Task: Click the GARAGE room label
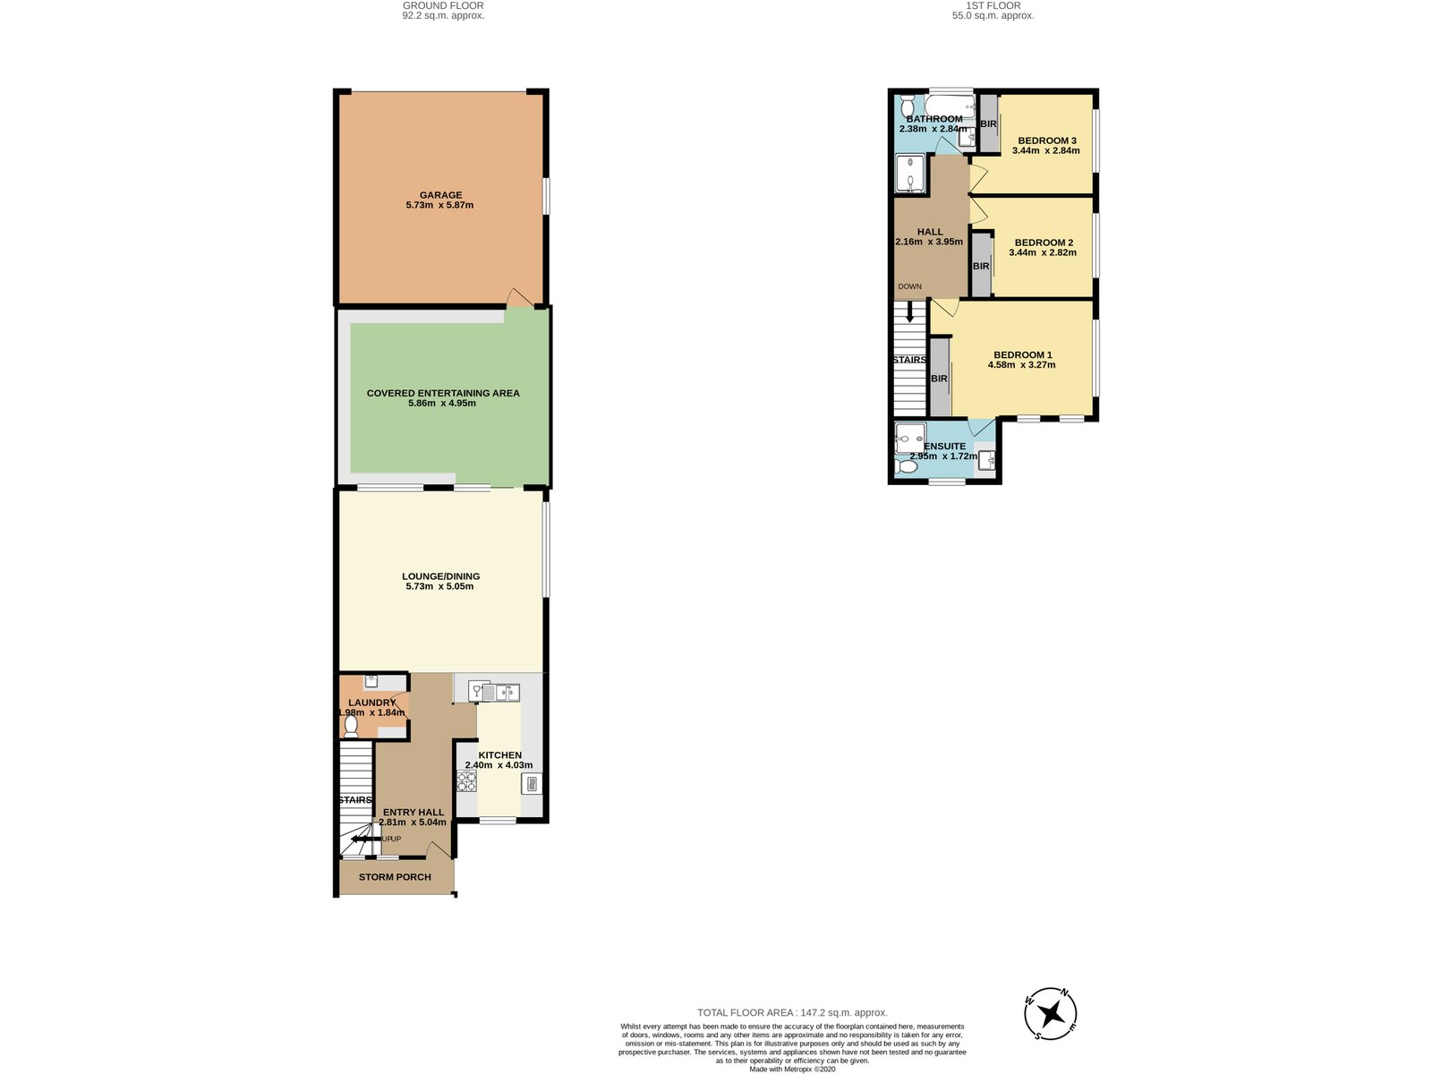coord(440,195)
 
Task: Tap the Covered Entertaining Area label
coord(443,393)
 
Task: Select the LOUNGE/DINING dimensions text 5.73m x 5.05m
coord(439,586)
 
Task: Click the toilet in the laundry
coord(351,725)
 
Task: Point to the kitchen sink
coord(501,692)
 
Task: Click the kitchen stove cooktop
coord(466,781)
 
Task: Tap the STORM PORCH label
coord(395,877)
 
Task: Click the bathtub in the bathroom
coord(950,107)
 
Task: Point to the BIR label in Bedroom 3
coord(988,124)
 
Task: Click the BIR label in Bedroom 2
coord(981,266)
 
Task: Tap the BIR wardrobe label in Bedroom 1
coord(940,379)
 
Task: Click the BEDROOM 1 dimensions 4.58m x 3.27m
coord(1022,365)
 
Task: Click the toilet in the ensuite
coord(905,466)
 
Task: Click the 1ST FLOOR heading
coord(993,6)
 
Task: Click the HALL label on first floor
coord(930,232)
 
